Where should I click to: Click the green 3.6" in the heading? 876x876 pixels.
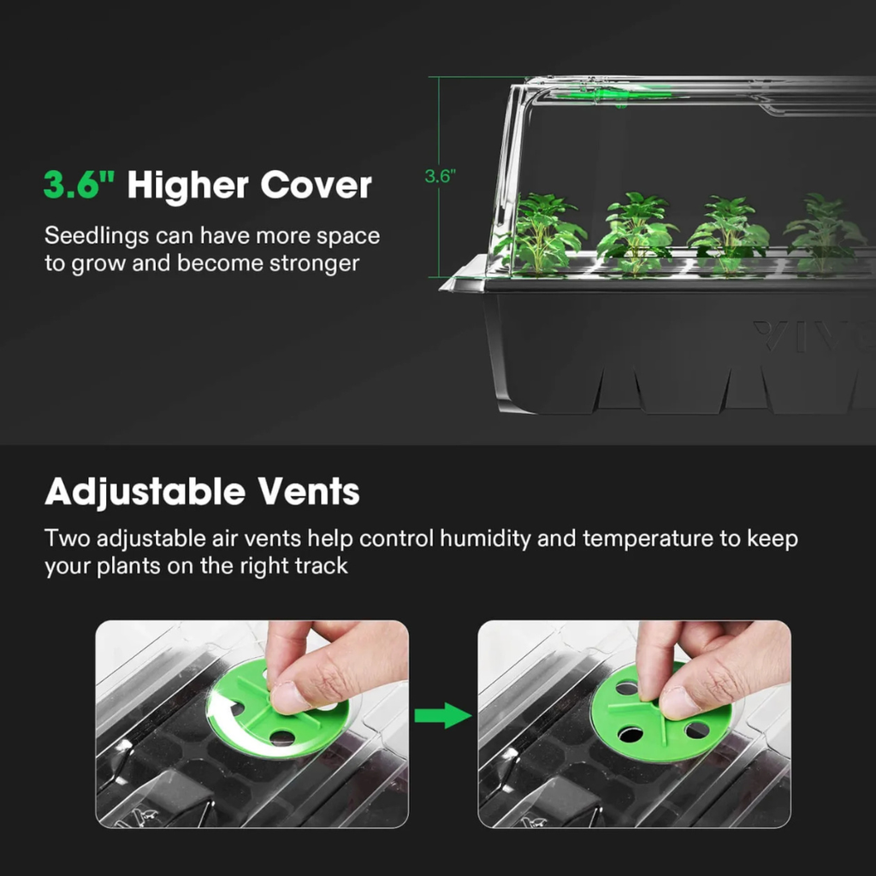pos(80,185)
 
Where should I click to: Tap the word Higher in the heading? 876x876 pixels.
pos(187,186)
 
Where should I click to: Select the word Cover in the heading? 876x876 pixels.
pos(316,185)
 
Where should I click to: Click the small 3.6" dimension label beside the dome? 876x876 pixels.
pos(441,176)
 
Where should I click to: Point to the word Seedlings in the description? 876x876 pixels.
pos(97,237)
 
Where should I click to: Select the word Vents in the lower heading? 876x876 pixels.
pos(308,492)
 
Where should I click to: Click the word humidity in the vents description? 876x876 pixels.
pos(485,539)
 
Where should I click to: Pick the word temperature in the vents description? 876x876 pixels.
pos(648,539)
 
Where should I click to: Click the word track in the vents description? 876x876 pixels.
pos(322,566)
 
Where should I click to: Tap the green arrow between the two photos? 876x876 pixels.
pos(442,716)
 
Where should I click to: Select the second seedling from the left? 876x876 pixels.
pos(636,232)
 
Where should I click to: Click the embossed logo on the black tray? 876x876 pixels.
pos(813,336)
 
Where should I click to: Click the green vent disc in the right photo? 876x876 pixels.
pos(660,713)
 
